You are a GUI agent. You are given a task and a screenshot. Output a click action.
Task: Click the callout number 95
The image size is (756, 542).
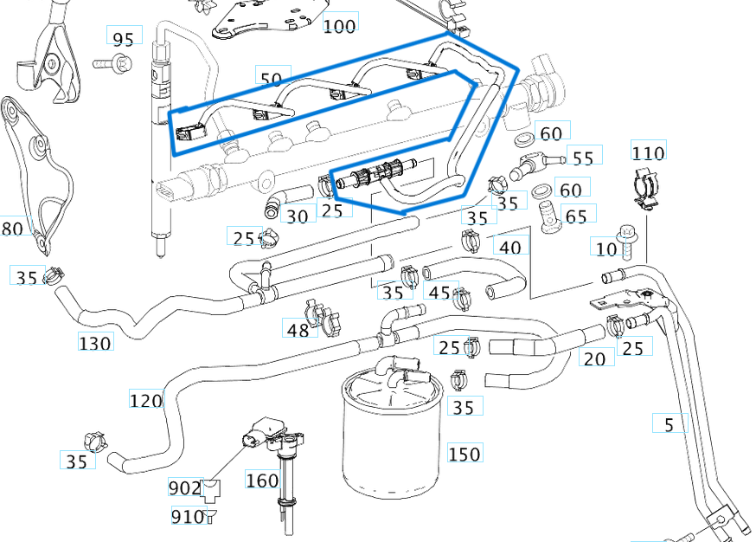coord(124,37)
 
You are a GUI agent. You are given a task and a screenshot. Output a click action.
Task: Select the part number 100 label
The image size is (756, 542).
coord(339,25)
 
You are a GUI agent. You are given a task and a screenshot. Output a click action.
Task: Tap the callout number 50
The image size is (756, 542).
coord(271,79)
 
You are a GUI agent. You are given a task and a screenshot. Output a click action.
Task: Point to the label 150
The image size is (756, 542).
coord(464,454)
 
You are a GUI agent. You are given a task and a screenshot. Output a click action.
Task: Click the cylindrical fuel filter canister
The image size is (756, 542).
coord(388,442)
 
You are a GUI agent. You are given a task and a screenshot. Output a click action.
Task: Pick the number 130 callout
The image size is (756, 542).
coord(95,343)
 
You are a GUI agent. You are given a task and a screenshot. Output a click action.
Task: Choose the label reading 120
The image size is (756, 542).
coord(146,400)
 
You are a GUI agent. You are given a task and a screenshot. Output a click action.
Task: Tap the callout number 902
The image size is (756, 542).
coord(184,488)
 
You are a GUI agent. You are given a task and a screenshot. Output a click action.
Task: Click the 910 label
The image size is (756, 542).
coord(186,517)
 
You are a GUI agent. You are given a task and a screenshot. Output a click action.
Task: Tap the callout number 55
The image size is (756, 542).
coord(584,157)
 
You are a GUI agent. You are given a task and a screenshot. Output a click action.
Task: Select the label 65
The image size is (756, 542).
coord(575,215)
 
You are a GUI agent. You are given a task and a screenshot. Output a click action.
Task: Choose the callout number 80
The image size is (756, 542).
coord(13,229)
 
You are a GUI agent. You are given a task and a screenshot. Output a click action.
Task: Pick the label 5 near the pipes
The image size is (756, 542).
coord(669,424)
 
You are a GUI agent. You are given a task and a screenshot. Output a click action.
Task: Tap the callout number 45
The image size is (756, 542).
coord(439,292)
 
